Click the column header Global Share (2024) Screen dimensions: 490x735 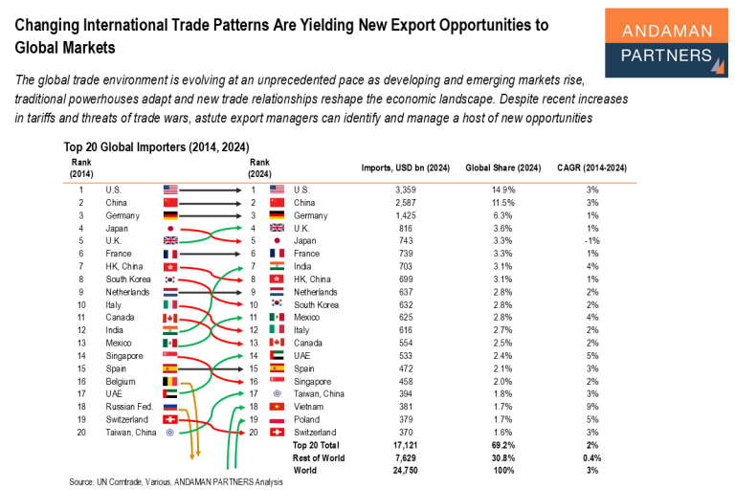(x=503, y=167)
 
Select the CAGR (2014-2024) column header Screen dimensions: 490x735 (x=592, y=167)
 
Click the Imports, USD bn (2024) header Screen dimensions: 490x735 (x=406, y=167)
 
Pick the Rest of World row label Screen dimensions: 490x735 (x=319, y=457)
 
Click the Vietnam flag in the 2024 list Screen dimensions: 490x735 (x=278, y=406)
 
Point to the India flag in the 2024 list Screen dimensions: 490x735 (x=278, y=266)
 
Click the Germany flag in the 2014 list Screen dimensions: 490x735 (x=170, y=215)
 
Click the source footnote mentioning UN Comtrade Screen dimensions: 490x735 (x=176, y=481)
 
